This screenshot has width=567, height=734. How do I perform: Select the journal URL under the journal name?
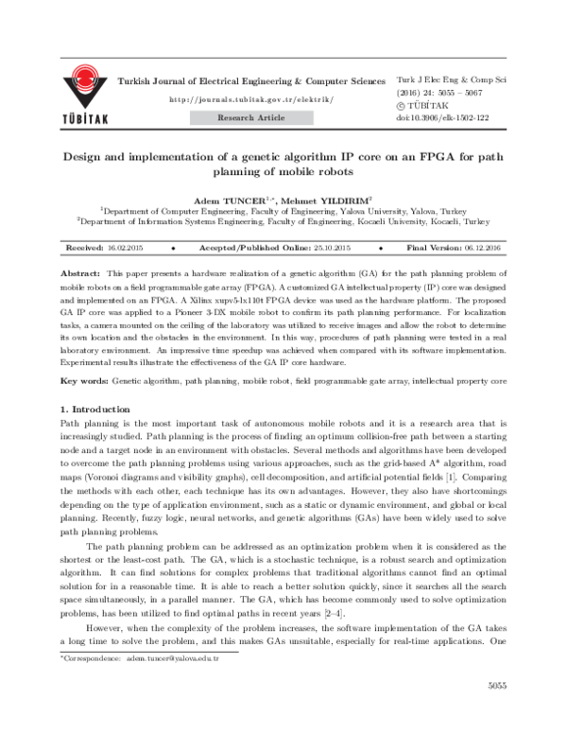coord(250,99)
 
